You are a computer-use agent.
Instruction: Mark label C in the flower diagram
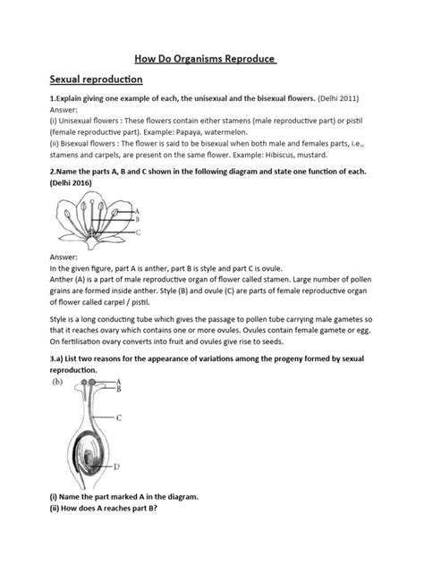pyautogui.click(x=138, y=232)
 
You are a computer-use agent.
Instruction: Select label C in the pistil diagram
pyautogui.click(x=120, y=417)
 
